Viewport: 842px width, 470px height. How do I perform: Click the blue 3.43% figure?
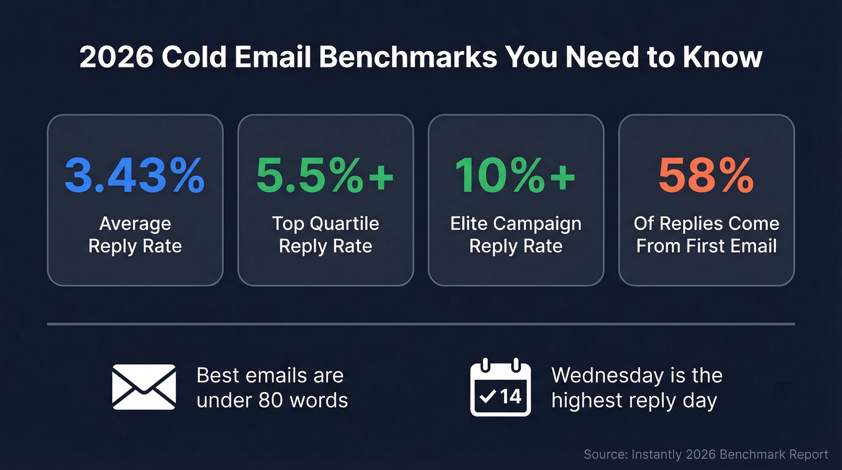coord(135,176)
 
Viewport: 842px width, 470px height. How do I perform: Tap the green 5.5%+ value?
coord(325,176)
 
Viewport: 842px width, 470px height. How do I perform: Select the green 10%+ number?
coord(515,176)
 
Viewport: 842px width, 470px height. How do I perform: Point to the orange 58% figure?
coord(706,176)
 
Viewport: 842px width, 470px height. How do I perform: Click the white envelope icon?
coord(144,387)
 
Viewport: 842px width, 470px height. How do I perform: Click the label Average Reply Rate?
coord(135,235)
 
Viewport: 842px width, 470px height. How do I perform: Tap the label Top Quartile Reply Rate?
coord(325,235)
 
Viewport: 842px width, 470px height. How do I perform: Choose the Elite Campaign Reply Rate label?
coord(515,235)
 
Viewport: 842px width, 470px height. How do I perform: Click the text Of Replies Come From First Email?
coord(706,235)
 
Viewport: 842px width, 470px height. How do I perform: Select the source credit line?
coord(705,454)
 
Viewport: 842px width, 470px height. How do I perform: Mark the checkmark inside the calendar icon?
coord(489,396)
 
